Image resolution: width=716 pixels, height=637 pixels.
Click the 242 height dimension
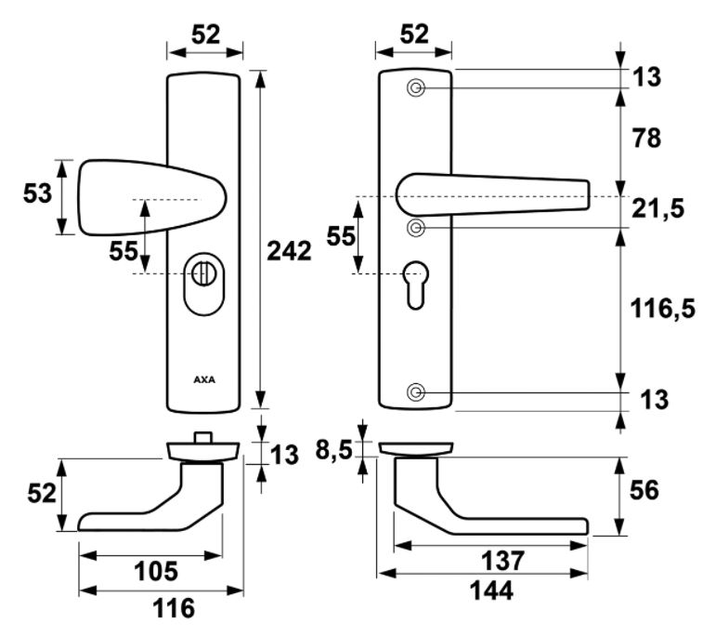pyautogui.click(x=288, y=251)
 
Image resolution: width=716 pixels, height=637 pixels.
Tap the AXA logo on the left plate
pyautogui.click(x=204, y=379)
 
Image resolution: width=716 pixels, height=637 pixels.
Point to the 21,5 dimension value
pyautogui.click(x=660, y=208)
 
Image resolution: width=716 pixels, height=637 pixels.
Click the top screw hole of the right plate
pyautogui.click(x=416, y=88)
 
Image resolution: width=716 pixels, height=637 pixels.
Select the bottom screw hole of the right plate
pyautogui.click(x=416, y=392)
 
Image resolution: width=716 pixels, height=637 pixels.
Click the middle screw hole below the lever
pyautogui.click(x=416, y=227)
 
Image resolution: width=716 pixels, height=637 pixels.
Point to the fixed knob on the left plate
pyautogui.click(x=139, y=198)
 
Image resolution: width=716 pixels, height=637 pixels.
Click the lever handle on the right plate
pyautogui.click(x=501, y=195)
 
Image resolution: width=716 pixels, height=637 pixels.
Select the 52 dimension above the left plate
pyautogui.click(x=205, y=34)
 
